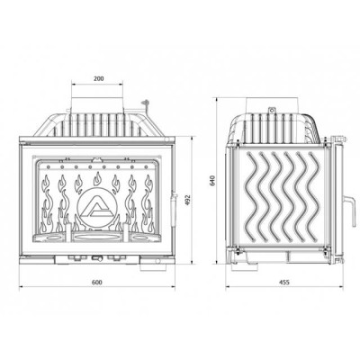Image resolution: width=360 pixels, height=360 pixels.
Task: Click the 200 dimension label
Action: (98, 78)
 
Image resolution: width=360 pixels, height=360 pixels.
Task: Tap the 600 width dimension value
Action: (97, 283)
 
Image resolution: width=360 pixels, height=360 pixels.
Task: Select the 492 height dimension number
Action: (187, 200)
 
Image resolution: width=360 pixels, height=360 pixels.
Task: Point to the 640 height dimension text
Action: (213, 180)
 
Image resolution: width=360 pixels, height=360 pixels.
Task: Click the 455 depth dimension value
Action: (284, 283)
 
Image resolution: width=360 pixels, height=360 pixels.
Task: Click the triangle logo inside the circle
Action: (95, 208)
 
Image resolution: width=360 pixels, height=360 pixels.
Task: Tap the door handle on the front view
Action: (172, 210)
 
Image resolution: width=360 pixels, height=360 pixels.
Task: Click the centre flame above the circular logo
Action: (97, 179)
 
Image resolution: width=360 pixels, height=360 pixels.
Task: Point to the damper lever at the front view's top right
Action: (146, 104)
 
